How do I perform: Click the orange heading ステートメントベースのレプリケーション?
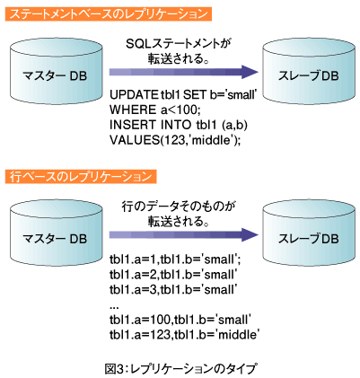point(109,14)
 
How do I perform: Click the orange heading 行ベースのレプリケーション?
point(81,177)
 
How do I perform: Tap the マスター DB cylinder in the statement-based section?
point(56,70)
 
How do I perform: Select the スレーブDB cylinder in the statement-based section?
point(309,70)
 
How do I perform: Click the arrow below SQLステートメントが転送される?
point(183,72)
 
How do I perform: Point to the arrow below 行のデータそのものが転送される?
point(183,234)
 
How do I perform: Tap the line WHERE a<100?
point(155,110)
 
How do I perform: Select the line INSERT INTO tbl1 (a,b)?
point(179,125)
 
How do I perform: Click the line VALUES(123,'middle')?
point(175,140)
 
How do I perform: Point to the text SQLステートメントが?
point(180,44)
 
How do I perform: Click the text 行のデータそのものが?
point(179,207)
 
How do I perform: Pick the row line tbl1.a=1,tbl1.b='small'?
point(175,259)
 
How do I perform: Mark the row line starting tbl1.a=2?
point(173,275)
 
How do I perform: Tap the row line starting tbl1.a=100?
point(180,320)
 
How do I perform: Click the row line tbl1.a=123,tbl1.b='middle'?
point(183,334)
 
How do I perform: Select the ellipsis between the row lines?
point(114,308)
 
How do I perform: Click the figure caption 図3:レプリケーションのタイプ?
point(180,369)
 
